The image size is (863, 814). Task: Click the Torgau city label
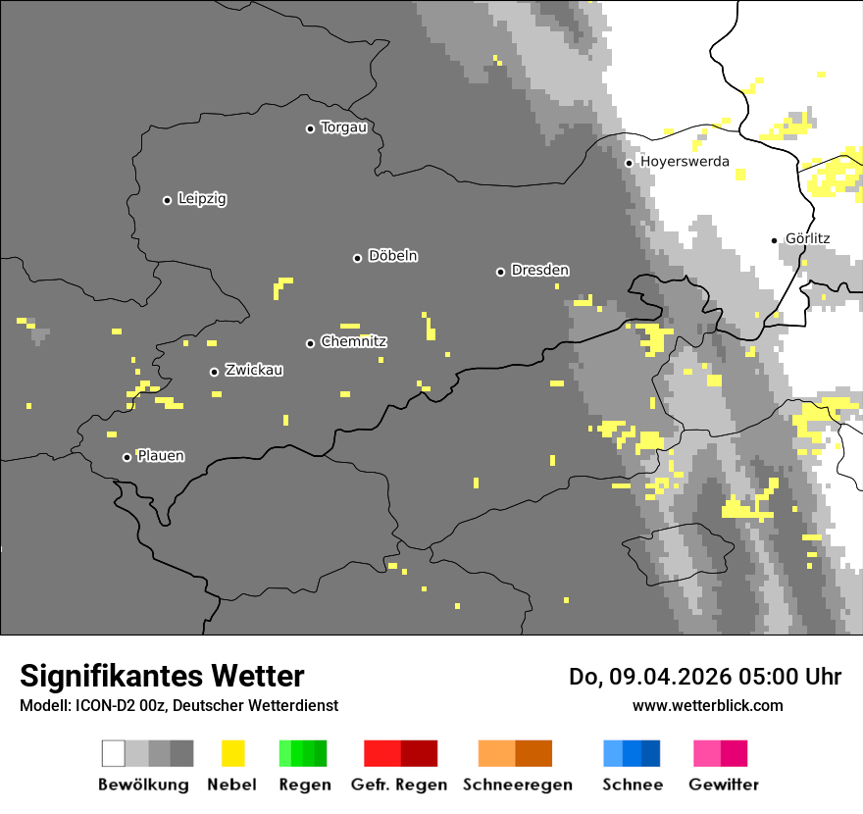tap(343, 127)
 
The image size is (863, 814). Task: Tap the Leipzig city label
tap(202, 199)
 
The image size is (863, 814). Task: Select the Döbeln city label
tap(392, 256)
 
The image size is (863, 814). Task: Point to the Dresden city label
tap(539, 271)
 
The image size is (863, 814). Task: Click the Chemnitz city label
tap(353, 342)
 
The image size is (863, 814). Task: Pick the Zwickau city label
tap(254, 371)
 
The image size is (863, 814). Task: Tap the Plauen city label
tap(160, 456)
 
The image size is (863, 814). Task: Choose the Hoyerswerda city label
tap(685, 162)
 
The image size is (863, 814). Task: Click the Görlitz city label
tap(807, 238)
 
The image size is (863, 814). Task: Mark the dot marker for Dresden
tap(500, 272)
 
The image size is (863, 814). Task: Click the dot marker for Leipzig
tap(167, 200)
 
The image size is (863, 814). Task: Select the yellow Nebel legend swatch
tap(232, 753)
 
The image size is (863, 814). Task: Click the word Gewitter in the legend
tap(724, 785)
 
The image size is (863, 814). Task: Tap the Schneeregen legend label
tap(517, 785)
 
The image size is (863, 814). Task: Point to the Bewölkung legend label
tap(143, 785)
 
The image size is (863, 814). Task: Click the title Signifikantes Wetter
tap(162, 677)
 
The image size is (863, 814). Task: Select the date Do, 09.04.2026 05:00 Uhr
tap(704, 677)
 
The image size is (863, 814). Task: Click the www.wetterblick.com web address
tap(707, 706)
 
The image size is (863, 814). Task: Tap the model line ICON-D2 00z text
tap(178, 706)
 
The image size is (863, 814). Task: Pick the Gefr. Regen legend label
tap(399, 785)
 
